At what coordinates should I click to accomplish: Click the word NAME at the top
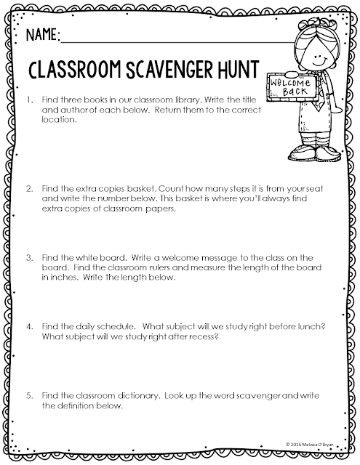point(42,35)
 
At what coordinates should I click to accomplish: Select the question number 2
point(29,187)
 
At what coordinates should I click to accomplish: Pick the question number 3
point(29,257)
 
